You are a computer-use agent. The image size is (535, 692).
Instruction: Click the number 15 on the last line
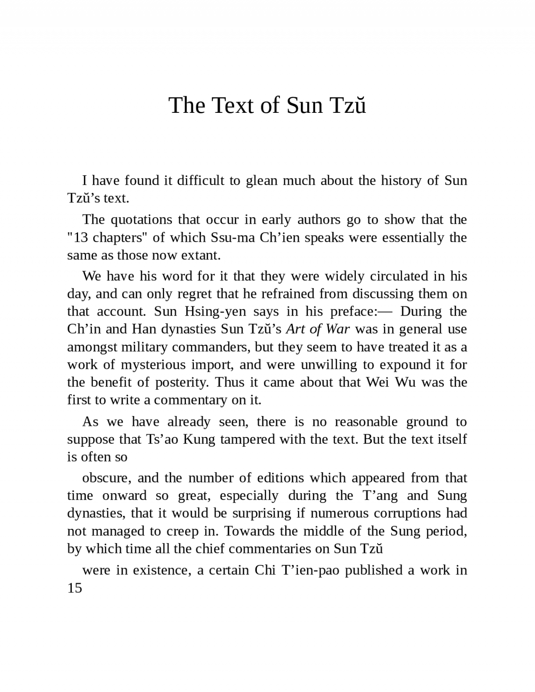75,588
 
